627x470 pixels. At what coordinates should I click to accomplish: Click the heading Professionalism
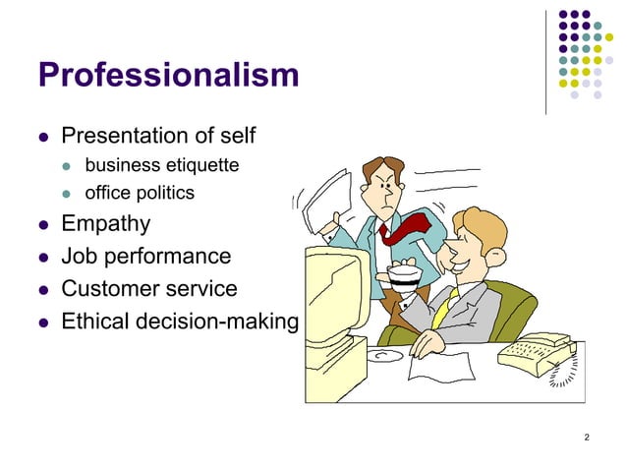[x=167, y=74]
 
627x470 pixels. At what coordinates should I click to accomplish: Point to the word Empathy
[x=106, y=224]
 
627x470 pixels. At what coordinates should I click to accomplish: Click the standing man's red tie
[x=402, y=228]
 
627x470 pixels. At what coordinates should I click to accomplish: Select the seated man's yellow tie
[x=441, y=310]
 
